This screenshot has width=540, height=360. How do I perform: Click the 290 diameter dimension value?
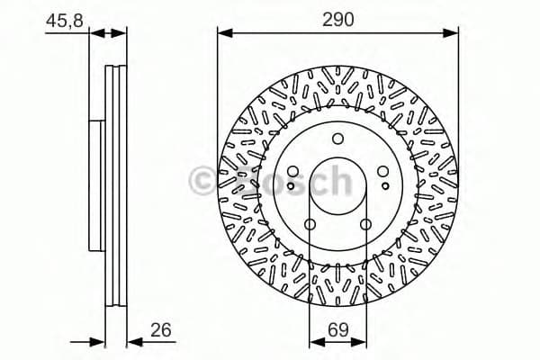coord(337,17)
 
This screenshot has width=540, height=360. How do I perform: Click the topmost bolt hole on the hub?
coord(337,139)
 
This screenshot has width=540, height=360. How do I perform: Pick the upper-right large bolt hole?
coord(382,171)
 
